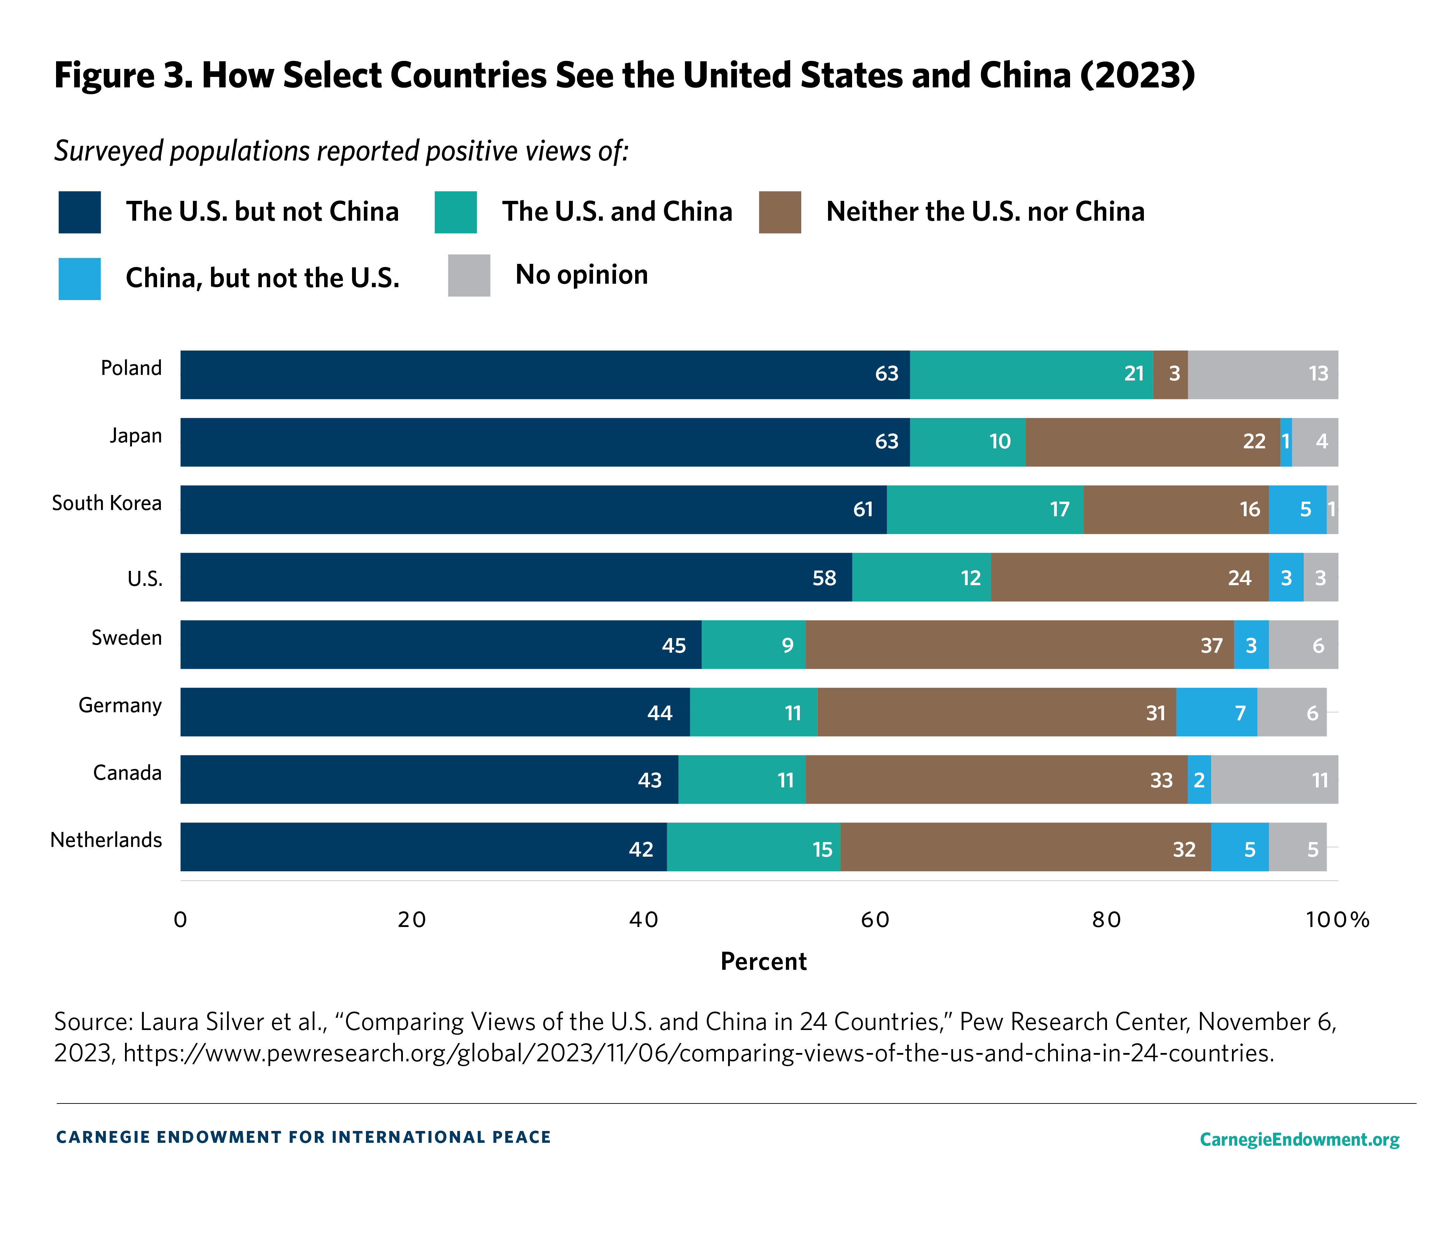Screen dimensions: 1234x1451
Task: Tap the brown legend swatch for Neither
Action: pyautogui.click(x=779, y=212)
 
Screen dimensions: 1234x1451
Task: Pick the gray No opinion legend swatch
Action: pyautogui.click(x=469, y=275)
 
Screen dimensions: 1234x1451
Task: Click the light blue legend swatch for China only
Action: pyautogui.click(x=79, y=278)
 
